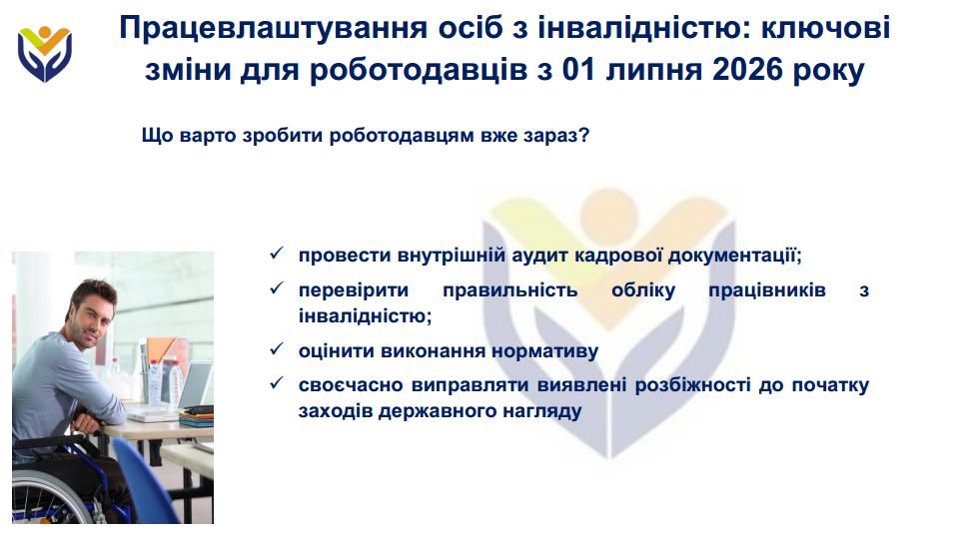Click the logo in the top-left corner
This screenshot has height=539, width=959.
(45, 54)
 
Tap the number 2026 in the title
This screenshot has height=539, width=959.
(747, 70)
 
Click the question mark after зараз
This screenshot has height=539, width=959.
(583, 135)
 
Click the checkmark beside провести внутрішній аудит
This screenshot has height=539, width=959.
(277, 253)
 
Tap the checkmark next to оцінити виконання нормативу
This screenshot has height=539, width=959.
(277, 349)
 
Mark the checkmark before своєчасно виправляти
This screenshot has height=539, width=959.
(277, 383)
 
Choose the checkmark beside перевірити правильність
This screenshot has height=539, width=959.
(277, 287)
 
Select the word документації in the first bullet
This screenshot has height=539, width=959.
(734, 256)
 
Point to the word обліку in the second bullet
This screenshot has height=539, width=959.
(643, 290)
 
